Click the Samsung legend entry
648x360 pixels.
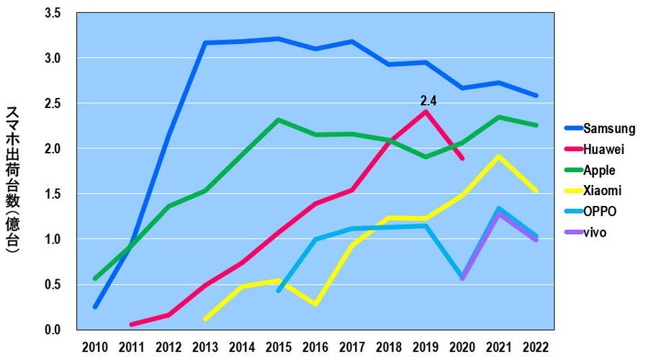pos(608,129)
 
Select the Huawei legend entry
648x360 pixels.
pos(603,150)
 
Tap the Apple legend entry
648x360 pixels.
pos(599,171)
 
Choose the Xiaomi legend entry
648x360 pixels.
pos(602,191)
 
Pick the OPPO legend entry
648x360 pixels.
pos(600,212)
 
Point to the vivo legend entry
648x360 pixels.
pos(595,233)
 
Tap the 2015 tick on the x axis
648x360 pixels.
pos(278,347)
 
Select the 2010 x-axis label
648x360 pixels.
pos(95,347)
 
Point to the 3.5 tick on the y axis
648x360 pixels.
pos(52,12)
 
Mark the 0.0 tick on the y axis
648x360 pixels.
pos(52,330)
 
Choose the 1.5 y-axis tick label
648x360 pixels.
pos(52,194)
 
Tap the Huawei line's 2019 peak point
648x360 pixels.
pos(426,112)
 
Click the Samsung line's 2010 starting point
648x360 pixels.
pos(95,307)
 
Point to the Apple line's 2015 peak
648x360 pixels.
pos(278,120)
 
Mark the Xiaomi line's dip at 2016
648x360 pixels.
pos(315,304)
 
